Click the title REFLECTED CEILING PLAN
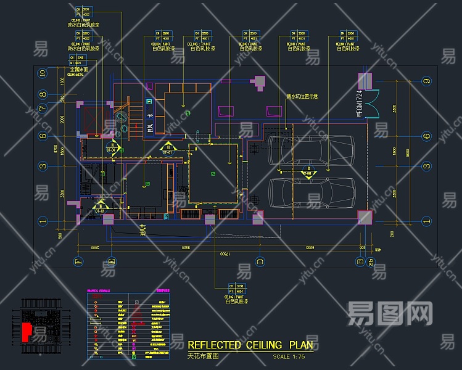(x=250, y=345)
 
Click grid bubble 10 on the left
(x=43, y=73)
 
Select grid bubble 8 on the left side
(x=43, y=95)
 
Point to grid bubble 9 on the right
(x=426, y=81)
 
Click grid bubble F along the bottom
(x=78, y=261)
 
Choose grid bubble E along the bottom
(x=111, y=261)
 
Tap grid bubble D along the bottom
(x=260, y=261)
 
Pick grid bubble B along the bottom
(x=360, y=261)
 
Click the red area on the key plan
(x=26, y=331)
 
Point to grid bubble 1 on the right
(x=426, y=220)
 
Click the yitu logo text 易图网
(x=390, y=313)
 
